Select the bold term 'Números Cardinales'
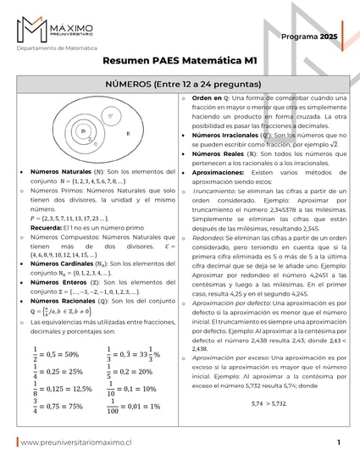tap(61, 264)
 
